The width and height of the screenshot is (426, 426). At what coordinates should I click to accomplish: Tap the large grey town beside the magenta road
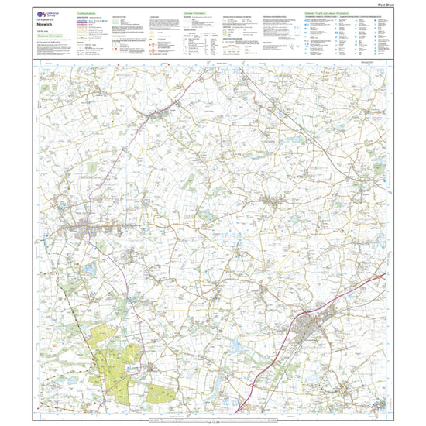[318, 324]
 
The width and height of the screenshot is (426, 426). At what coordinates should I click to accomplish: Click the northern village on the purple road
[162, 114]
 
